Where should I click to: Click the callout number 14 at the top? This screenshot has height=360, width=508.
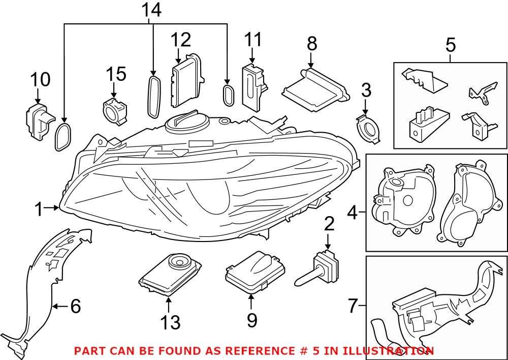pyautogui.click(x=151, y=10)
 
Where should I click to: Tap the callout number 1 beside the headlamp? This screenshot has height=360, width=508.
pyautogui.click(x=39, y=208)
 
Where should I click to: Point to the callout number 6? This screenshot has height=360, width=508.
pyautogui.click(x=75, y=306)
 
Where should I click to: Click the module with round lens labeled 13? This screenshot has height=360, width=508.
pyautogui.click(x=171, y=274)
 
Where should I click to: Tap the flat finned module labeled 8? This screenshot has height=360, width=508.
pyautogui.click(x=314, y=90)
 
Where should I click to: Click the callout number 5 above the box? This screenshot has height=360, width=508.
pyautogui.click(x=450, y=45)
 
